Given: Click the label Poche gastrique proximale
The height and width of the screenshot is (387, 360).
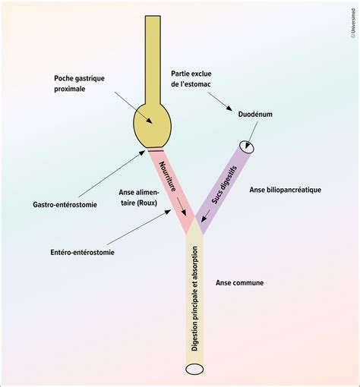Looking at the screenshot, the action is click(x=79, y=83).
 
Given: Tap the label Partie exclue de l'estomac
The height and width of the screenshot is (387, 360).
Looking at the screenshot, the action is click(x=191, y=79).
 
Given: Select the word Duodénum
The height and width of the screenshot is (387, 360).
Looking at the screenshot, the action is click(x=255, y=115).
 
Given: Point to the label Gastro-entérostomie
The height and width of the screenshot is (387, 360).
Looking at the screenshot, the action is click(x=65, y=204).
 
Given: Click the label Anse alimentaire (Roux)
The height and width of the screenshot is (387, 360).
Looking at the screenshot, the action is click(x=139, y=197).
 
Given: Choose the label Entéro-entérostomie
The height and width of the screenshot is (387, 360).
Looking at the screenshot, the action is click(x=82, y=252).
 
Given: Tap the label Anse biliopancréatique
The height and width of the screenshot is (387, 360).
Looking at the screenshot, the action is click(x=286, y=190).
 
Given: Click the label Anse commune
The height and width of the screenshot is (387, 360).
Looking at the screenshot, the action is click(x=239, y=282).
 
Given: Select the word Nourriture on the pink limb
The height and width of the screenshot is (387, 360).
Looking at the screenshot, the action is click(x=167, y=176).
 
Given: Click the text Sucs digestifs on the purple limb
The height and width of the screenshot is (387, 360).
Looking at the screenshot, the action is click(x=225, y=184).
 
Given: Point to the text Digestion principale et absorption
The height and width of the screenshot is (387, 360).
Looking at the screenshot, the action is click(x=194, y=299).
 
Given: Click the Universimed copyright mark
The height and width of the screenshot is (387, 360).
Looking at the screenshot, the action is click(x=353, y=24).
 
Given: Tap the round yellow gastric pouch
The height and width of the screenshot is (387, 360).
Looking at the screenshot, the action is click(x=153, y=126).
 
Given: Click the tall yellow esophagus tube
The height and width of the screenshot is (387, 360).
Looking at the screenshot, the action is click(x=153, y=60).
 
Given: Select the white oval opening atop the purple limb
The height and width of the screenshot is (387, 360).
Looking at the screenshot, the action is click(x=246, y=147).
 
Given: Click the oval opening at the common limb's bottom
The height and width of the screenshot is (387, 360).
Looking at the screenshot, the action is click(x=194, y=370).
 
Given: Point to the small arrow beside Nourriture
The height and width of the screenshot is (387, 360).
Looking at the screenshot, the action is click(x=182, y=206).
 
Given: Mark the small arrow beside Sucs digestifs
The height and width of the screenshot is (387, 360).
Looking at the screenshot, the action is click(x=205, y=216).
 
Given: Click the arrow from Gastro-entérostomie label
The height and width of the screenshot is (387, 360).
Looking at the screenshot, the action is click(x=112, y=174).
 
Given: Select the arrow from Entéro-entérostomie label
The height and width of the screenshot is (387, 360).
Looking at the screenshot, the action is click(x=139, y=227).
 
